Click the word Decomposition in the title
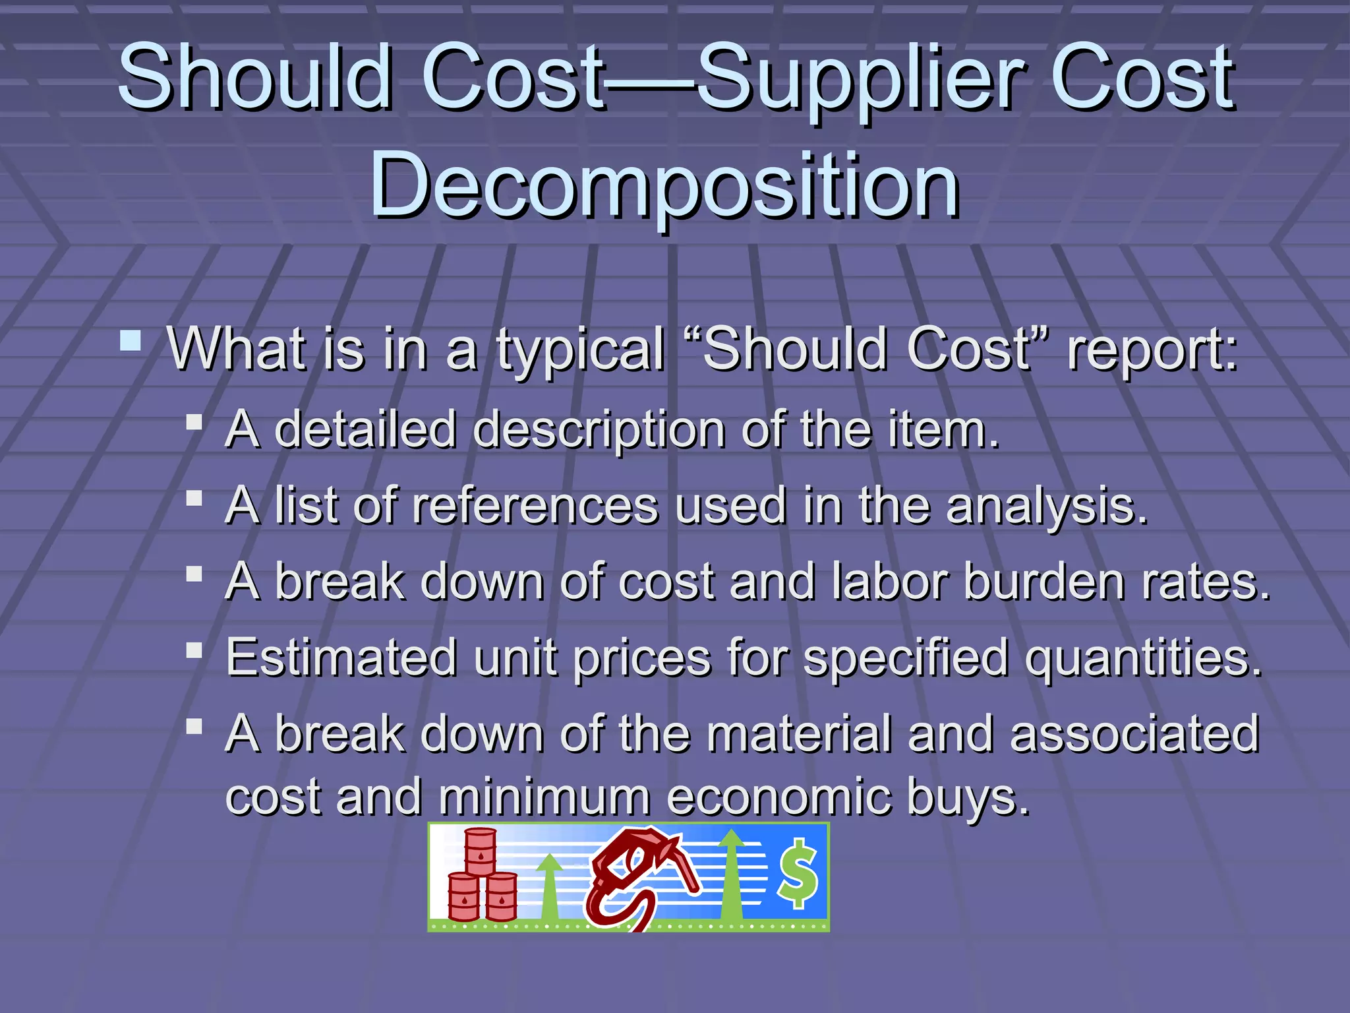coord(664,185)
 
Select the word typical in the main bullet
coord(580,350)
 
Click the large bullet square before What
coord(131,341)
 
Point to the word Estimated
coord(341,658)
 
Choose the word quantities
coord(1144,659)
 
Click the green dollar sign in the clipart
coord(798,874)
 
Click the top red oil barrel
coord(481,851)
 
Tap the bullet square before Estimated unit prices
coord(194,651)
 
